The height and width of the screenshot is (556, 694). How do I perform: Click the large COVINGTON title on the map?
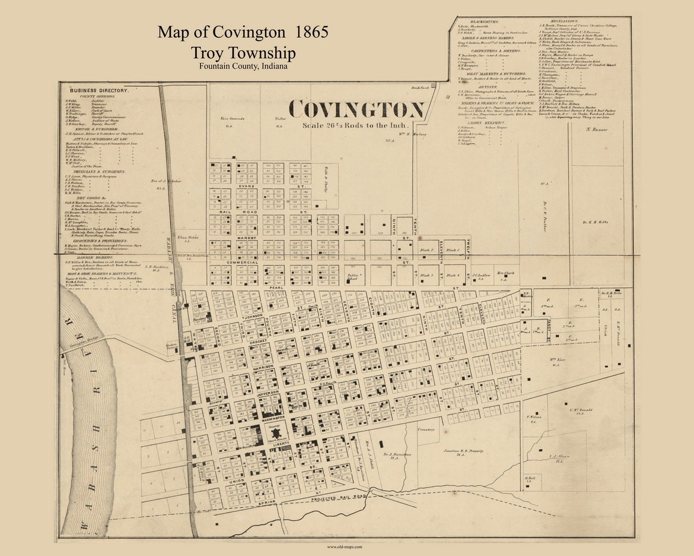(356, 110)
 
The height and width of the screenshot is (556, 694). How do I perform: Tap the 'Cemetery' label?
(426, 429)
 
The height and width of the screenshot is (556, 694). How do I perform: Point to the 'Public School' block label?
(354, 277)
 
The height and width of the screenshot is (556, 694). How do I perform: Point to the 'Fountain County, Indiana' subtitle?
(243, 66)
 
